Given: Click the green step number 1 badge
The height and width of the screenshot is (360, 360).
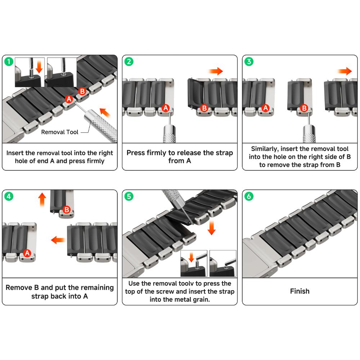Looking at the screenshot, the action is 9,62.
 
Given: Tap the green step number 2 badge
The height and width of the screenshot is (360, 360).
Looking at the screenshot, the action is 129,62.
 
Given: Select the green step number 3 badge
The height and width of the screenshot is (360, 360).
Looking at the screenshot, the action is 249,62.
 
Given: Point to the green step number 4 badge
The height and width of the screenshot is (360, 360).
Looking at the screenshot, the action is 9,196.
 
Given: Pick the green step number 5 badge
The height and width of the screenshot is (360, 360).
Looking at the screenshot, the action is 129,196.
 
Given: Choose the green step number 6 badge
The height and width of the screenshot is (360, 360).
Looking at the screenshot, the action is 249,196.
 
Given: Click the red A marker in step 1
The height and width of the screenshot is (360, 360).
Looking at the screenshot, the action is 69,99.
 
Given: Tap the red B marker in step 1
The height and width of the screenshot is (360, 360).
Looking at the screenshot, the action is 82,91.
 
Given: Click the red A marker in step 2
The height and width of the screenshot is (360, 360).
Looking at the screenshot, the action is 166,108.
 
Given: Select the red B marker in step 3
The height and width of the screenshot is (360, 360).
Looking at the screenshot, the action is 304,108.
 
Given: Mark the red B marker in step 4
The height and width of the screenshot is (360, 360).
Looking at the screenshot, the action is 67,210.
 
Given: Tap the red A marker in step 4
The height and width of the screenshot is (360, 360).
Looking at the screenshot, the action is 27,253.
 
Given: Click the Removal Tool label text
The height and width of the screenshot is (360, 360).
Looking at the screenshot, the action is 60,132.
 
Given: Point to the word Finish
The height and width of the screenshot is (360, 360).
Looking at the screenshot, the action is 300,291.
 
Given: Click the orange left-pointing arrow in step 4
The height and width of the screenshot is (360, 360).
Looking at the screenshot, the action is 58,240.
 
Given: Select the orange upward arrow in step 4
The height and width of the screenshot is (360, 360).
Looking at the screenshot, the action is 42,200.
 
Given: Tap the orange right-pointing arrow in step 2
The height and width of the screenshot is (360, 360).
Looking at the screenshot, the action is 216,71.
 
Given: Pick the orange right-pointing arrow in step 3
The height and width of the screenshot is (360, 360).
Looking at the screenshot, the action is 345,71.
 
